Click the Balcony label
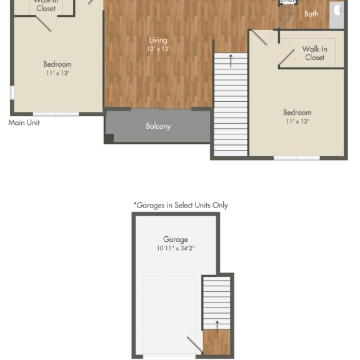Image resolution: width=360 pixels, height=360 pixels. [158, 126]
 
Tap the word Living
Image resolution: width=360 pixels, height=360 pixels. [158, 40]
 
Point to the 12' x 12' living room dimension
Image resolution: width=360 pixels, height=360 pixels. [158, 49]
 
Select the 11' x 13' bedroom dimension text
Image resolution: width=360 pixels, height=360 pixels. [57, 72]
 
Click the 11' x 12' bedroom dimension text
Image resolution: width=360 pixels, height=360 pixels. [297, 121]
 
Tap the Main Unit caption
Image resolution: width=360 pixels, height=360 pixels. [24, 122]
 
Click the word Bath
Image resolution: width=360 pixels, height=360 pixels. [311, 14]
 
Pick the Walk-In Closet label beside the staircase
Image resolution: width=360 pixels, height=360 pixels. [314, 53]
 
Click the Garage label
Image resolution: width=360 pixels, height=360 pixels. [176, 239]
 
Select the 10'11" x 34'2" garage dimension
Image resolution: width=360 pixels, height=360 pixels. [176, 248]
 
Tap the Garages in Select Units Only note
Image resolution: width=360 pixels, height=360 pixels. [181, 205]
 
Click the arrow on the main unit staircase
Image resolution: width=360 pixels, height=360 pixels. [231, 61]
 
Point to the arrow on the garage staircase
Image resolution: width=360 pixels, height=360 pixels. [217, 326]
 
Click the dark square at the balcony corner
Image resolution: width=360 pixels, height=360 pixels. [109, 139]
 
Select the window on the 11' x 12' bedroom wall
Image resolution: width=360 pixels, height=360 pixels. [297, 157]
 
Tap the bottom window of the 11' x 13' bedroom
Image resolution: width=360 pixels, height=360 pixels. [56, 114]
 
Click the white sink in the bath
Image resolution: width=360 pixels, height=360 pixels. [337, 11]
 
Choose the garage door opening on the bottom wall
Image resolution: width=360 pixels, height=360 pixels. [169, 356]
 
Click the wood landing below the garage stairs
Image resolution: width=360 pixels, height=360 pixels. [217, 343]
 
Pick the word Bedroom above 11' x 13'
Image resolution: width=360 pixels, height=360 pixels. [57, 64]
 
